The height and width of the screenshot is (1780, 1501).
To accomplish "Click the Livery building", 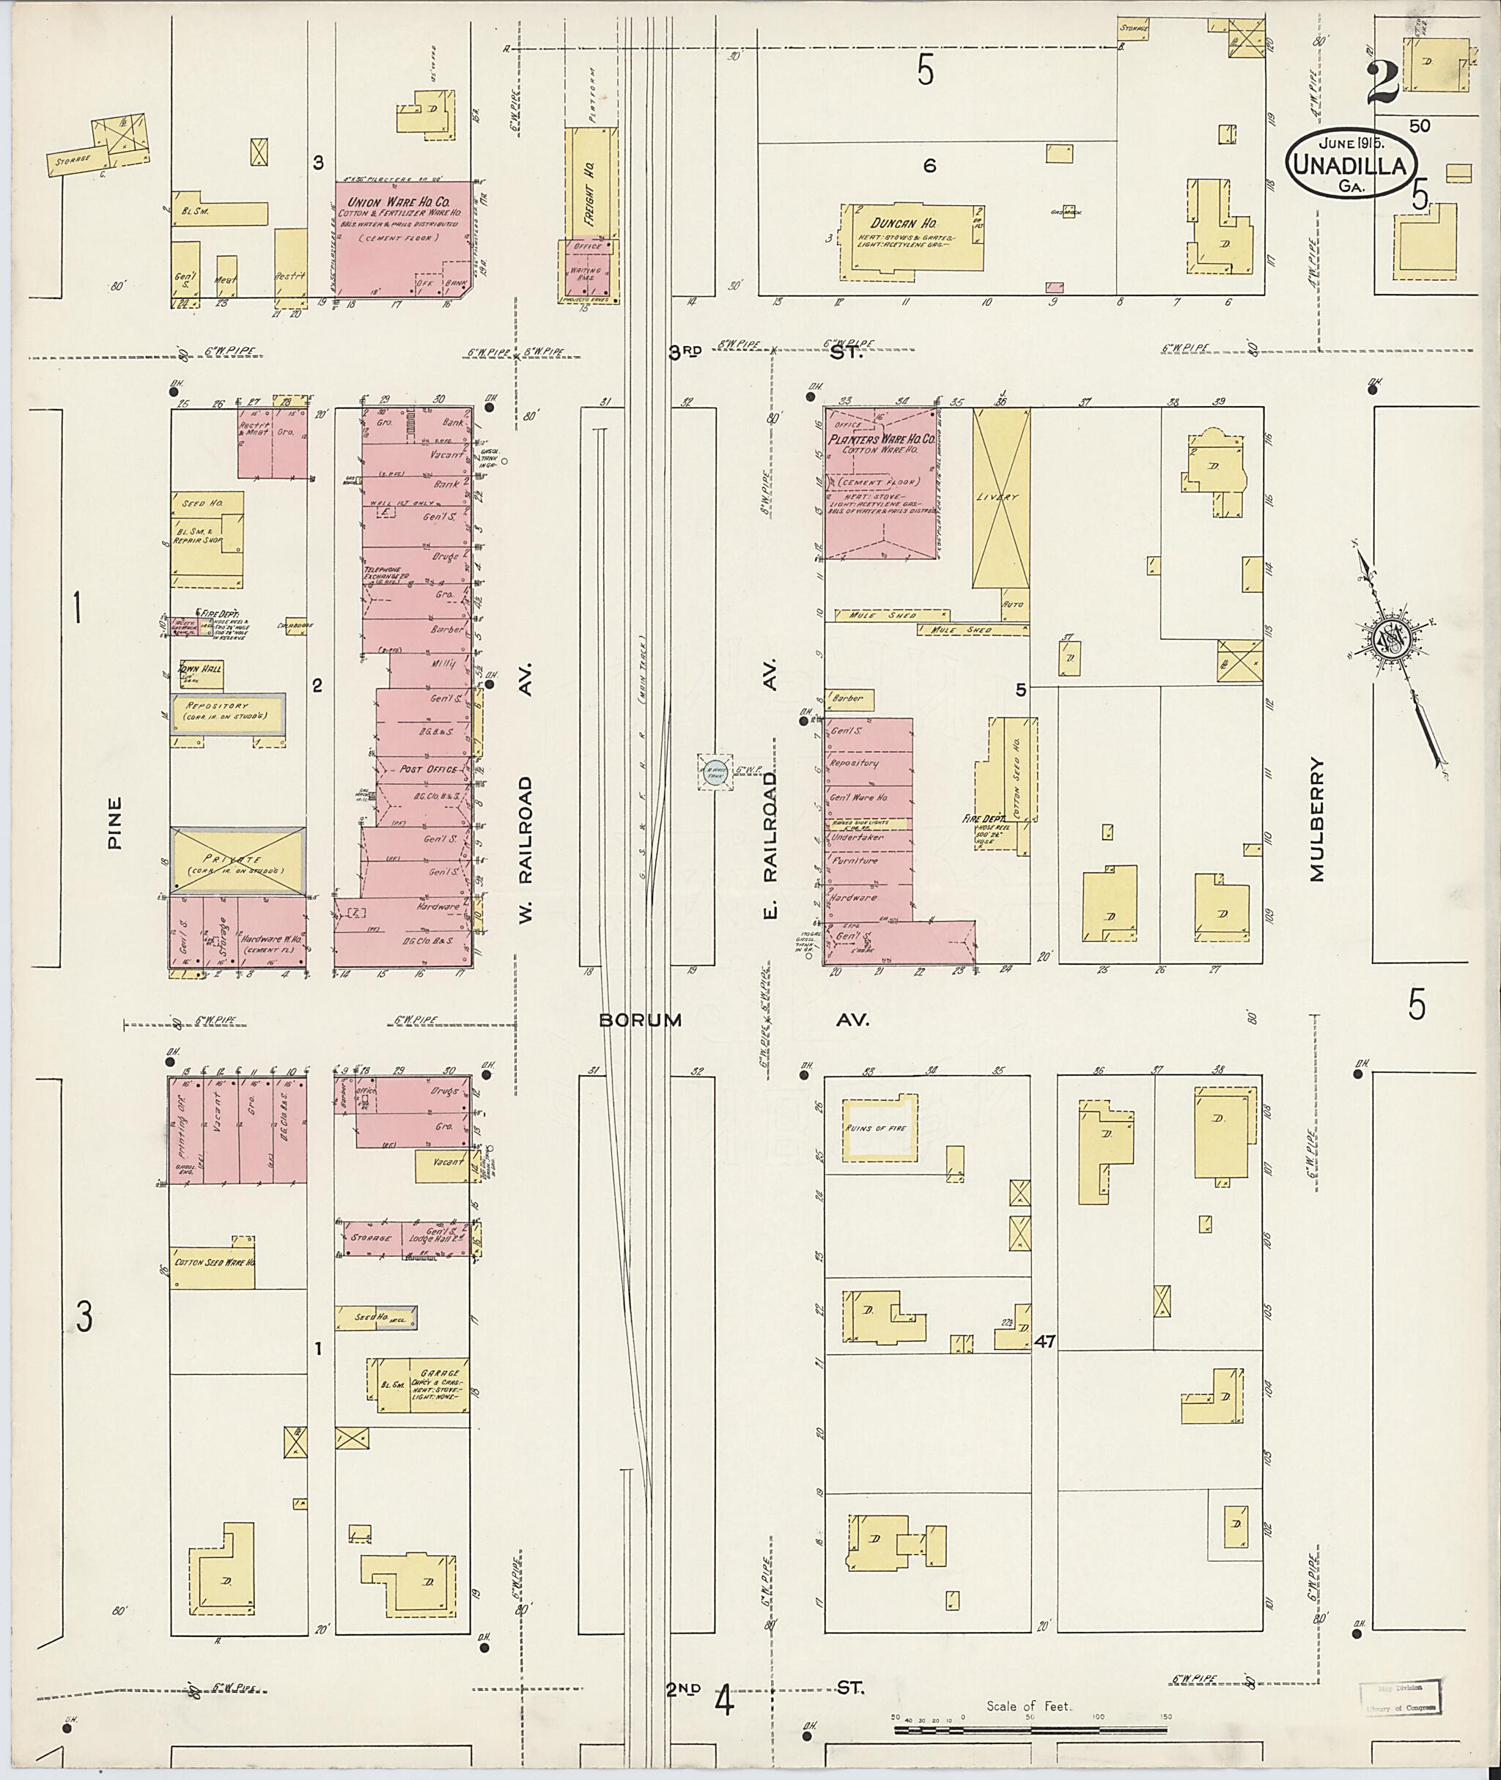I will coord(1001,497).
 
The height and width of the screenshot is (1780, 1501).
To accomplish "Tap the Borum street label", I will coord(640,1019).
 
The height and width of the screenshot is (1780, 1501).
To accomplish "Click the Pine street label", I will coord(115,822).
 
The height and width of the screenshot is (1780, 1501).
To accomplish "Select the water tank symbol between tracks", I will coord(715,772).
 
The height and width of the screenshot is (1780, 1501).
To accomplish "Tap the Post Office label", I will coord(428,768).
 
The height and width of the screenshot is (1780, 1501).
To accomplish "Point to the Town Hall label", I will coord(199,670).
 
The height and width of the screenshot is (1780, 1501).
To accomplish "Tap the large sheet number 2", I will coord(1384,83).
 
